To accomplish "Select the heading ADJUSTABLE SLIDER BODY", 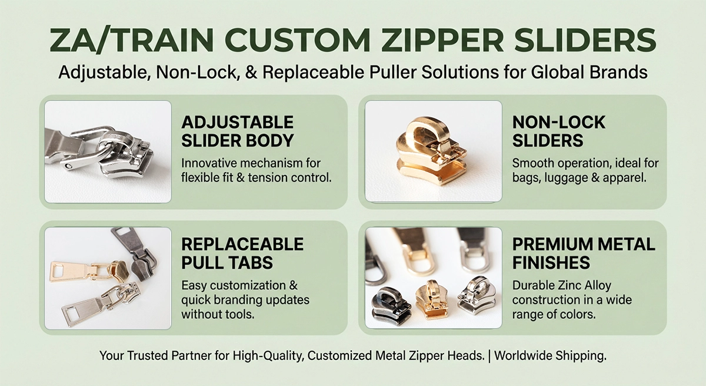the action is [x=238, y=131].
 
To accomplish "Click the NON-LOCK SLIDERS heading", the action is [x=559, y=131].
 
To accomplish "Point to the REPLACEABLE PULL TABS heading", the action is [x=242, y=253].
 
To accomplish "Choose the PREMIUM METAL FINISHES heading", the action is [x=584, y=253].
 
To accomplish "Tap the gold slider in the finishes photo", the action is [x=432, y=301].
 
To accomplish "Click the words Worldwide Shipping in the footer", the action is [x=550, y=356].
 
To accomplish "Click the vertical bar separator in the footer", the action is [x=489, y=356].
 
